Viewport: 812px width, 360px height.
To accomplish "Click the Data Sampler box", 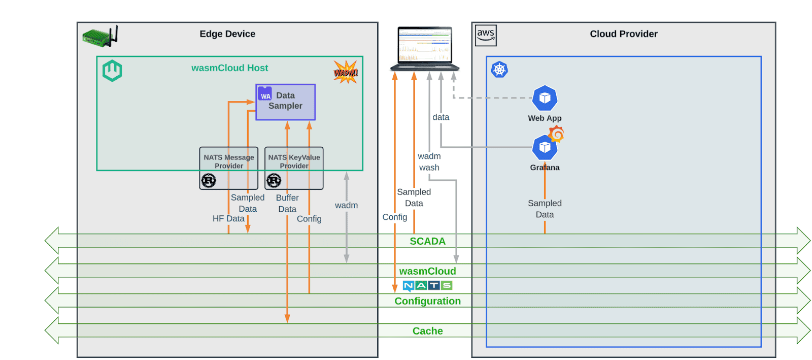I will [x=285, y=102].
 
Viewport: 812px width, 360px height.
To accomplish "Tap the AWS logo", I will [x=486, y=36].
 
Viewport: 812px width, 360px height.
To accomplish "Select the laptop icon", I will [x=425, y=49].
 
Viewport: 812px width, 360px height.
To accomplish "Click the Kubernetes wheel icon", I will [x=499, y=70].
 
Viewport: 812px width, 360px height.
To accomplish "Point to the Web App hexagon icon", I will [x=545, y=98].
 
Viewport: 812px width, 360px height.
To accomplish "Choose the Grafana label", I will [x=545, y=168].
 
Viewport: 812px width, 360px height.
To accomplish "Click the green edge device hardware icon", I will [x=100, y=37].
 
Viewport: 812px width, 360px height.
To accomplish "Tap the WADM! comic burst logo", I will [x=346, y=72].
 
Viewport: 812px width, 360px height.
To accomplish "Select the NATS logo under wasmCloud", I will [x=427, y=285].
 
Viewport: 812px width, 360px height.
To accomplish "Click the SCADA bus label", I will [x=427, y=241].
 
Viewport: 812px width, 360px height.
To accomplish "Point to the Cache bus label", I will [x=427, y=331].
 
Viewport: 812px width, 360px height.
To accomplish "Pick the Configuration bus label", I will [x=427, y=301].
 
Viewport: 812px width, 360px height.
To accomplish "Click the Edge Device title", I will [x=227, y=34].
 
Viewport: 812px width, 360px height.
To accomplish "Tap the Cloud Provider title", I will [x=623, y=34].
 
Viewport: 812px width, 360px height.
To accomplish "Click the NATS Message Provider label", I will [x=229, y=161].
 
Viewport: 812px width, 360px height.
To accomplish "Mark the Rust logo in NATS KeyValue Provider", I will [x=274, y=180].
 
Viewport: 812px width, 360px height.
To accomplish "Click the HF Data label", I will [x=228, y=218].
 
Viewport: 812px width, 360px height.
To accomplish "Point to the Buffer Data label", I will [x=287, y=203].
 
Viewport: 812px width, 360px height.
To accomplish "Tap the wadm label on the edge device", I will [x=346, y=205].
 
